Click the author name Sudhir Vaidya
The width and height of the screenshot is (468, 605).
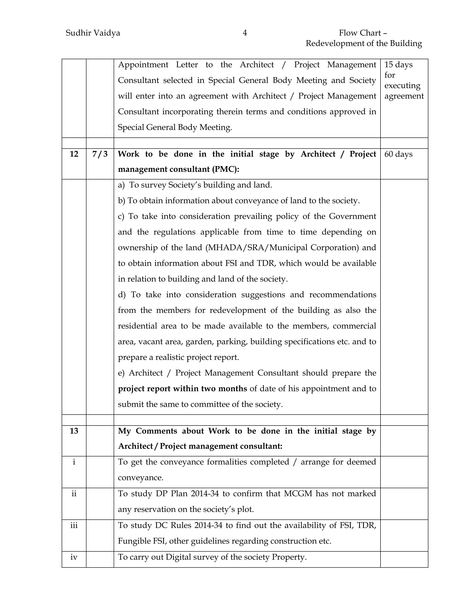tap(93, 33)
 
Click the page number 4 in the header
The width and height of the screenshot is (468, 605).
tap(245, 33)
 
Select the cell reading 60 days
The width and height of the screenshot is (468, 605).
tap(398, 154)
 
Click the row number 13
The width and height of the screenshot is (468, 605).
tap(74, 431)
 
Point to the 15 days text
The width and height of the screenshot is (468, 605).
tap(398, 65)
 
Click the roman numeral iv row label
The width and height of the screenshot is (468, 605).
tap(74, 557)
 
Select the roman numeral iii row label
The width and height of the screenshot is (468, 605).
tap(74, 525)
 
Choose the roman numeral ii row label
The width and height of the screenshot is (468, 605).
tap(74, 493)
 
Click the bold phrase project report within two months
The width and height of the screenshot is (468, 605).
tap(182, 388)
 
